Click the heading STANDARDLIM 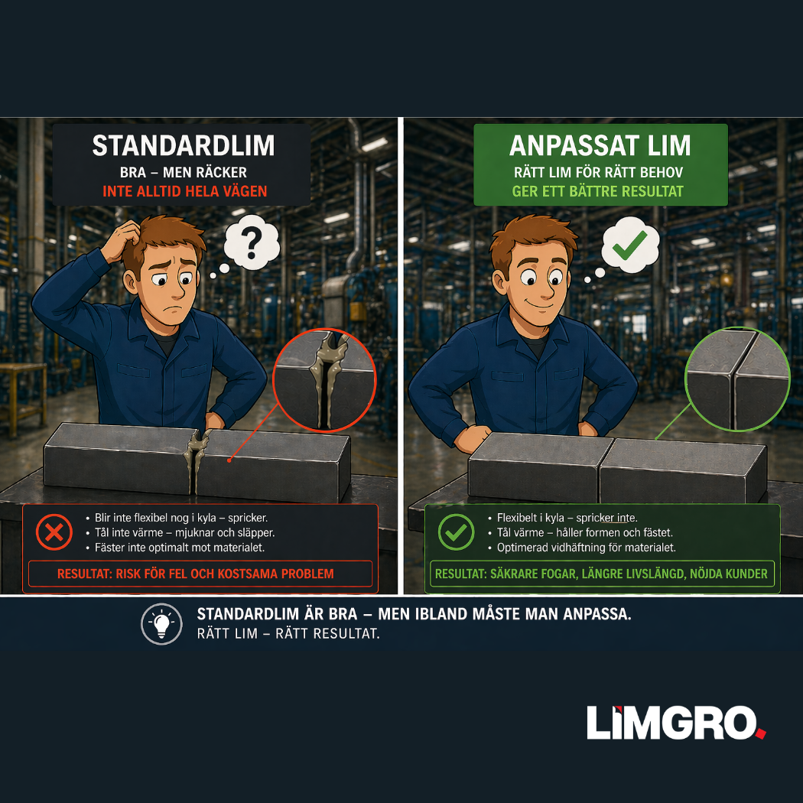[x=184, y=145]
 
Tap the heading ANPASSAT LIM [x=600, y=145]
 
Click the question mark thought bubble [x=252, y=242]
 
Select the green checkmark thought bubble [x=630, y=245]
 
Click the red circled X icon [x=54, y=532]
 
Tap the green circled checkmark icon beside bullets [x=456, y=532]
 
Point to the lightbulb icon [x=162, y=624]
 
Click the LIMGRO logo [x=676, y=723]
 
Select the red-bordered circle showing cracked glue [x=325, y=380]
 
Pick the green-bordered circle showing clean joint [x=737, y=379]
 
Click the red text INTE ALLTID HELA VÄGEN [x=185, y=191]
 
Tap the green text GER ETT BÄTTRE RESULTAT [x=597, y=191]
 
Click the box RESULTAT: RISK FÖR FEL [x=200, y=574]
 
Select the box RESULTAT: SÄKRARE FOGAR [x=602, y=574]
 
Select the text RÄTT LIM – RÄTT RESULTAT [x=288, y=633]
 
